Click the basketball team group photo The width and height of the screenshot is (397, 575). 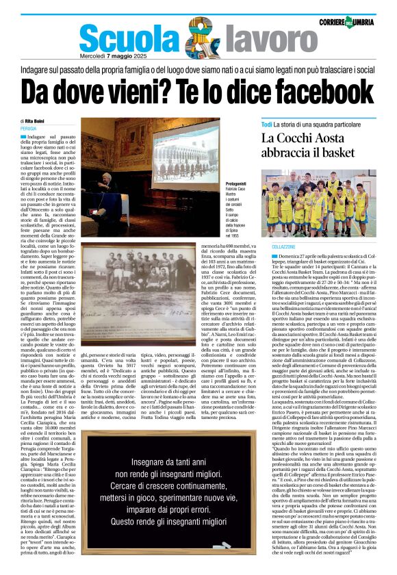[318, 203]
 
